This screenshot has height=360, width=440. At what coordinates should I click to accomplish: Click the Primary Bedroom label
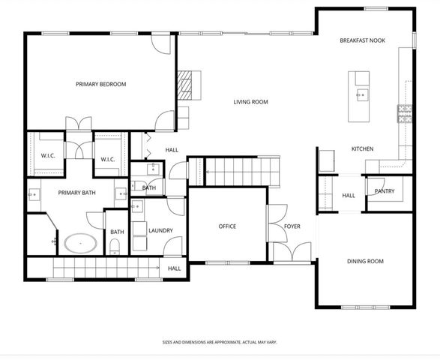[x=100, y=84]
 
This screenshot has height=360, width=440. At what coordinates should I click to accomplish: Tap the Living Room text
[x=250, y=102]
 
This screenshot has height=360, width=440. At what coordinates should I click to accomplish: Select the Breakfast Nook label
[x=362, y=40]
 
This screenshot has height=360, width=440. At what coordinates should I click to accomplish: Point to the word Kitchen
[x=362, y=149]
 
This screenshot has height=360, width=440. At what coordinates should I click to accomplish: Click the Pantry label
[x=385, y=191]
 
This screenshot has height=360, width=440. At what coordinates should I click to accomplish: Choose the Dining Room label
[x=365, y=261]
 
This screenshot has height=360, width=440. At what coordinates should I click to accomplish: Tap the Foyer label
[x=292, y=226]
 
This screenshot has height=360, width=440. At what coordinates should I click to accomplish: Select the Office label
[x=227, y=226]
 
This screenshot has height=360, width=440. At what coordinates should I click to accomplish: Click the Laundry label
[x=161, y=230]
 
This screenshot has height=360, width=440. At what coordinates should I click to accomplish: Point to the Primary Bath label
[x=77, y=193]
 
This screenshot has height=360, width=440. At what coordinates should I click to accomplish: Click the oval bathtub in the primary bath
[x=78, y=244]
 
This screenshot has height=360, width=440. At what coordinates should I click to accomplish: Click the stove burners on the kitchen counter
[x=405, y=113]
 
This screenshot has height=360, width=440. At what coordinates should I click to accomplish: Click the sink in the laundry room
[x=138, y=206]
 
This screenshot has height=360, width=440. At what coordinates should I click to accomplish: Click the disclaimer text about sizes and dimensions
[x=220, y=342]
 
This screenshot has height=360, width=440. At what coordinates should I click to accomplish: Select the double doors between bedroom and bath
[x=79, y=124]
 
